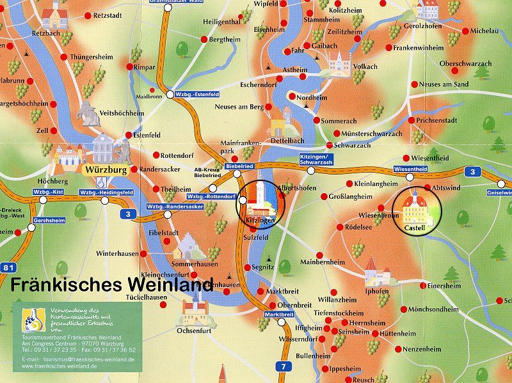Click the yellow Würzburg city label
(104, 170)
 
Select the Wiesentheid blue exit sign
(410, 169)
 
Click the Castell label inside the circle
(415, 228)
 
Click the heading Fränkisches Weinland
(113, 285)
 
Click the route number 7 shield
(282, 366)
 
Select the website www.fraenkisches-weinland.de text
(77, 368)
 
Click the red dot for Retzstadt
(88, 13)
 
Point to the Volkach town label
(366, 66)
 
